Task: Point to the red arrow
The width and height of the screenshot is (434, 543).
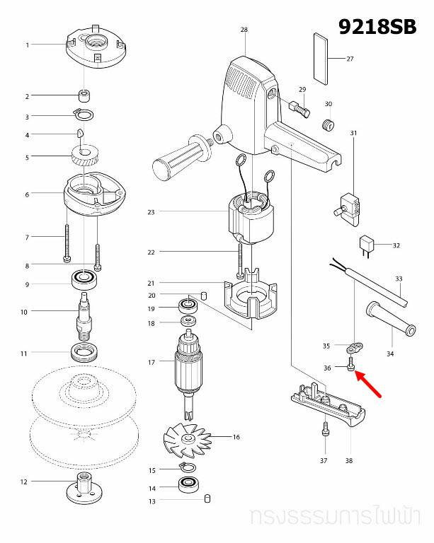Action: [x=370, y=385]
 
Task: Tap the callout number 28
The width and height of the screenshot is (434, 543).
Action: [x=244, y=30]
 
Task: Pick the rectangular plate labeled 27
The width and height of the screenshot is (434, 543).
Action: [x=321, y=58]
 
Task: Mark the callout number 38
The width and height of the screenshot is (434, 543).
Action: [x=348, y=460]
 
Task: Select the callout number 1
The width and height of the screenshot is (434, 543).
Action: [x=28, y=45]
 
